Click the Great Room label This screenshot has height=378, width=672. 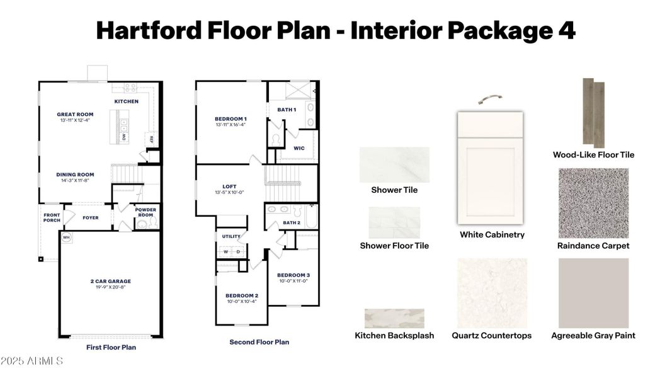tap(75, 115)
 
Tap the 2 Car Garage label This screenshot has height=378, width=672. tap(110, 282)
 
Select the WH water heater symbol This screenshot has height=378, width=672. tap(65, 238)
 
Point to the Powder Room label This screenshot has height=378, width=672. tap(145, 212)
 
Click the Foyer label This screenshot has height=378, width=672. tap(91, 218)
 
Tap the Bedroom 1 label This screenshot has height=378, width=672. tap(231, 118)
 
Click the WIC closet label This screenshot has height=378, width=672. tap(299, 148)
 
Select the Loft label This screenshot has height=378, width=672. tap(229, 186)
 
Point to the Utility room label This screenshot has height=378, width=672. tap(231, 236)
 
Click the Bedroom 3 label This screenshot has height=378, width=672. tap(293, 275)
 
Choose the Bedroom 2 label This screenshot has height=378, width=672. tap(242, 295)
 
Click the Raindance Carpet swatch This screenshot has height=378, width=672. tap(593, 203)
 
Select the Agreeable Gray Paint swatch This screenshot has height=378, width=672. tap(593, 293)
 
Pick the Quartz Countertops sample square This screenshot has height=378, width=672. tap(492, 293)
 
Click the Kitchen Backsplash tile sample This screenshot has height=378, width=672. tap(394, 318)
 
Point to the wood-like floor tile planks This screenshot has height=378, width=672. tap(593, 112)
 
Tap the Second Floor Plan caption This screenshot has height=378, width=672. tap(259, 342)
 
